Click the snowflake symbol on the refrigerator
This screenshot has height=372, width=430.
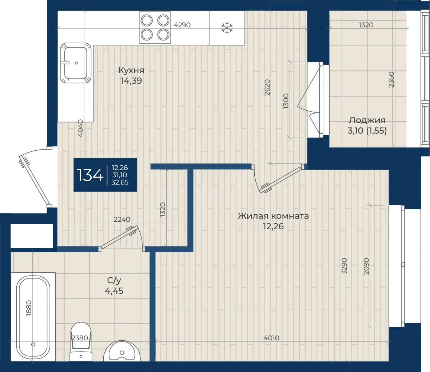(x=227, y=28)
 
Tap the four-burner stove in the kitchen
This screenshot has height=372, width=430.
(x=155, y=27)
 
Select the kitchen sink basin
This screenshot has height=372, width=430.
(x=76, y=63)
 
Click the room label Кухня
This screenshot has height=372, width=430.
(x=131, y=70)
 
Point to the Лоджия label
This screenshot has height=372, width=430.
(x=367, y=120)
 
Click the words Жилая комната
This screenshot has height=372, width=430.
(x=273, y=216)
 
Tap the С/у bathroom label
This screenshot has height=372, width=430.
(x=114, y=280)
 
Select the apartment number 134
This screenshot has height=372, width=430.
(x=90, y=175)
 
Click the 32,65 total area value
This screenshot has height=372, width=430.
(x=120, y=182)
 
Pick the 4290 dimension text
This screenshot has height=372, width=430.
(x=182, y=25)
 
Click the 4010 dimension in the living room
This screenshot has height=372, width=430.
(x=271, y=338)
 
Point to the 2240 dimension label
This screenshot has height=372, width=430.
(x=122, y=219)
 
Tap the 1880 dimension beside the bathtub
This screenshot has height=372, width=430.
(x=29, y=308)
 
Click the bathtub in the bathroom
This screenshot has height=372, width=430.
(x=33, y=317)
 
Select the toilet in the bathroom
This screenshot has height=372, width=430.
(x=81, y=341)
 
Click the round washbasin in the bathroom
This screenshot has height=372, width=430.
(x=122, y=351)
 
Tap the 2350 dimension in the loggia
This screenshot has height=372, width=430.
(x=391, y=80)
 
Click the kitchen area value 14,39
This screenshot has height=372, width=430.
(x=131, y=81)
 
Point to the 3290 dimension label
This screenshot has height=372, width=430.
(x=345, y=266)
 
